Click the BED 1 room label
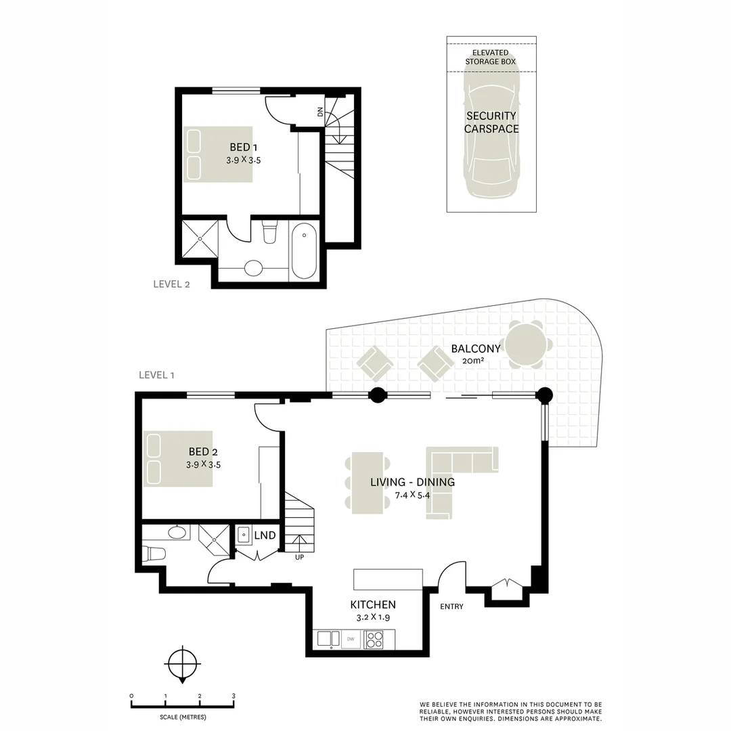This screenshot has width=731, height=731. [244, 148]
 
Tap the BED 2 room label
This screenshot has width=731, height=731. [203, 451]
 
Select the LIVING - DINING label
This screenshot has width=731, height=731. [413, 482]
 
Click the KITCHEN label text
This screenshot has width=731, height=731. [373, 604]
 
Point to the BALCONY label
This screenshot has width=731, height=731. [476, 349]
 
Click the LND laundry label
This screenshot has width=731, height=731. [265, 535]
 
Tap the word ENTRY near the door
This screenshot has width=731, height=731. [451, 606]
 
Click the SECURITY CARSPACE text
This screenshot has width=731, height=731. [491, 122]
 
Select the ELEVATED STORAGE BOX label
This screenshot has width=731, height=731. [491, 58]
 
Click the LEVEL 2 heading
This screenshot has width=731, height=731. [171, 284]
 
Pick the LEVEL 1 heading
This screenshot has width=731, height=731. [156, 375]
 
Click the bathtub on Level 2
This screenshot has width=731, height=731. [304, 250]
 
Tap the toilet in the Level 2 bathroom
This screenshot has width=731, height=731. [270, 231]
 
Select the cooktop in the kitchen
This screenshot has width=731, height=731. [373, 640]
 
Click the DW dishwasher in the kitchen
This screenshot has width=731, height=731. [351, 639]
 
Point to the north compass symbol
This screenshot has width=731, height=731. [183, 665]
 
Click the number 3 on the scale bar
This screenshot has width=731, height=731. [234, 696]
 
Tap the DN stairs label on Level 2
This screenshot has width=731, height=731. [319, 112]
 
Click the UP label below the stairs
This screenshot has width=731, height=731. [299, 557]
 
